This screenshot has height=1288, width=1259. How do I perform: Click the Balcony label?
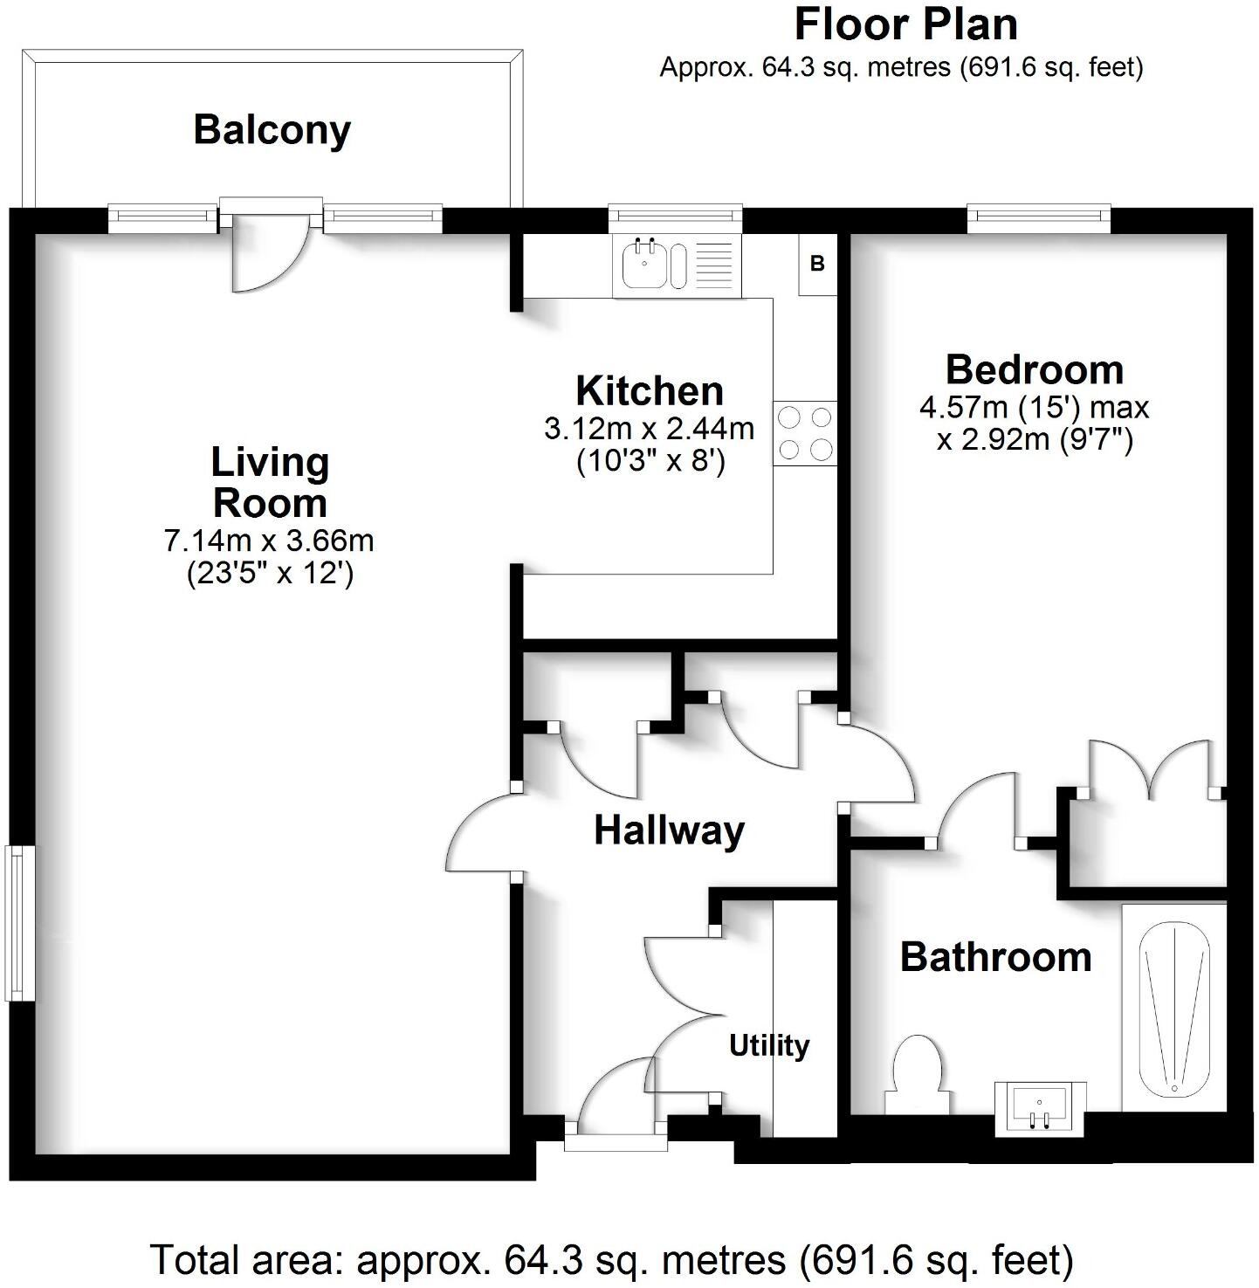pyautogui.click(x=272, y=130)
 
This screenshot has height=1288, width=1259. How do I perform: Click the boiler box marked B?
pyautogui.click(x=817, y=263)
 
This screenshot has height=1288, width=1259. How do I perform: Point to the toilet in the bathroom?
pyautogui.click(x=916, y=1072)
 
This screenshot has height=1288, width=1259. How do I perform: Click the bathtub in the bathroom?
pyautogui.click(x=1174, y=1007)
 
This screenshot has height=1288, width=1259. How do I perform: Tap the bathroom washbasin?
pyautogui.click(x=1041, y=1107)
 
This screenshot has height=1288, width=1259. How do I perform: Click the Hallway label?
pyautogui.click(x=669, y=830)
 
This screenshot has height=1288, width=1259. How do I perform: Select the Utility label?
pyautogui.click(x=769, y=1045)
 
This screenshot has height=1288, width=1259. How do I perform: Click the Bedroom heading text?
pyautogui.click(x=1035, y=370)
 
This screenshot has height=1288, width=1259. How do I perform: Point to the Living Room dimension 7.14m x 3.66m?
pyautogui.click(x=269, y=541)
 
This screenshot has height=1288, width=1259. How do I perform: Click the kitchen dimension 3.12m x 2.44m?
pyautogui.click(x=650, y=429)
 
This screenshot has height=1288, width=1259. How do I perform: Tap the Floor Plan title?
pyautogui.click(x=905, y=24)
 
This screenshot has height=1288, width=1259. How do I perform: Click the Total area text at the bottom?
pyautogui.click(x=611, y=1260)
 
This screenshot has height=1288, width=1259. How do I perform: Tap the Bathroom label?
pyautogui.click(x=995, y=957)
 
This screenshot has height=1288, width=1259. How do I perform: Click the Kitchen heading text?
pyautogui.click(x=650, y=391)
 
